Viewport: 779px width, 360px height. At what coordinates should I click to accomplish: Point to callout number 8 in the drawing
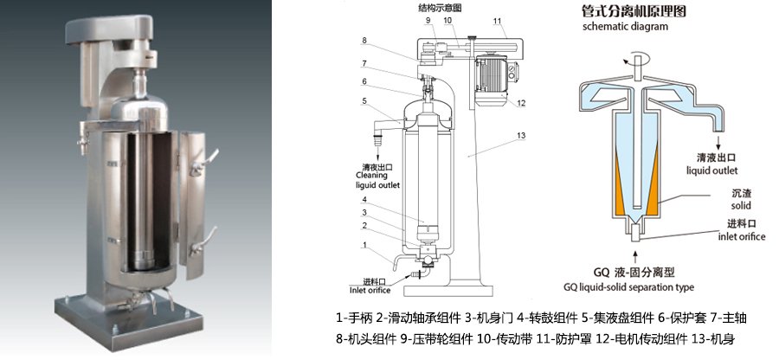(x=365, y=41)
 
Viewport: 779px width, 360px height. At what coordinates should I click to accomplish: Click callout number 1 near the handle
(x=365, y=245)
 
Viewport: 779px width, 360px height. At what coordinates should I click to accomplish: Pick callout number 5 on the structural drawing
(x=365, y=101)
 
